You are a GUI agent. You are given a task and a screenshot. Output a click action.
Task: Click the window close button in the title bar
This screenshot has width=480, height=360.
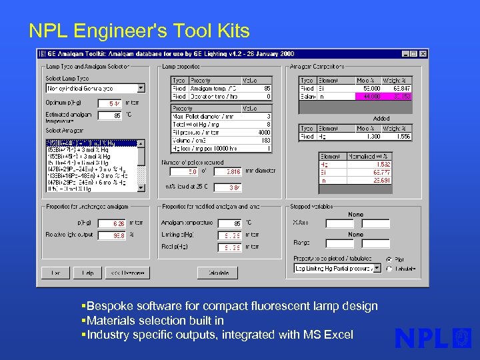click(423, 53)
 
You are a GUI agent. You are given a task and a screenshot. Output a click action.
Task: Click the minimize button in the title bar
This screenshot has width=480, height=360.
click(406, 53)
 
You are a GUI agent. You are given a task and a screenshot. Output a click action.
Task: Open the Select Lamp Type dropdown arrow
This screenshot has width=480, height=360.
click(141, 88)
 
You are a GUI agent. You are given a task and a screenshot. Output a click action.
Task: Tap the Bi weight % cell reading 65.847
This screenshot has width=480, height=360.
click(400, 88)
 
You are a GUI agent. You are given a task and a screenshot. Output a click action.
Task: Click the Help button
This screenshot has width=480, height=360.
click(87, 273)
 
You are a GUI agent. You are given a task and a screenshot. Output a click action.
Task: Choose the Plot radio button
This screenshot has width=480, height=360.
click(389, 259)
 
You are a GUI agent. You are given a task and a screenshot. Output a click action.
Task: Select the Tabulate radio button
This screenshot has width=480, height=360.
click(389, 269)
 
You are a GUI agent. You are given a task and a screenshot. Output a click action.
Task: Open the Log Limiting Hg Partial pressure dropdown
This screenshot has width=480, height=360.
click(377, 268)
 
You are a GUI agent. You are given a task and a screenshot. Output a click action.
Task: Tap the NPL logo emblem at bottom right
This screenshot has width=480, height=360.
click(462, 337)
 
